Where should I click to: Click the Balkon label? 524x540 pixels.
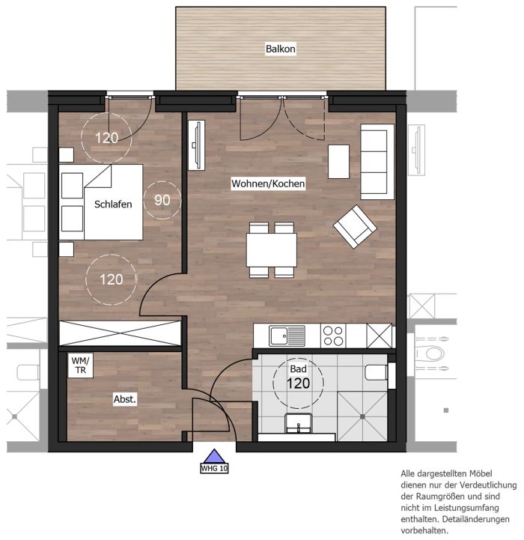pos(280,49)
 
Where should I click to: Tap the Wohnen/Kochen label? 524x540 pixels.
pos(268,183)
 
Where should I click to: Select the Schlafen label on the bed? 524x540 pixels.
pos(113,204)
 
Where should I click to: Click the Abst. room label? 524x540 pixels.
pos(124,399)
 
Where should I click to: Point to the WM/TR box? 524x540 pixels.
pos(80,365)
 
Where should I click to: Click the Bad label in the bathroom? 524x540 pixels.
pos(298,368)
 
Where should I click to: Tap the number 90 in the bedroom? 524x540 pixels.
pos(162,200)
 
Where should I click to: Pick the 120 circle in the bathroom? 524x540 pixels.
pos(298,383)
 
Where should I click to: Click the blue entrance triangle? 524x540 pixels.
pos(214,456)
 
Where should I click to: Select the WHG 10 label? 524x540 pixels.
pos(214,468)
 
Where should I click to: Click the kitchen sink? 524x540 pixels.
pos(287,336)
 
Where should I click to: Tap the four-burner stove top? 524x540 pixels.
pos(333,336)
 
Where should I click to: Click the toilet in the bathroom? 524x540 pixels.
pos(377,372)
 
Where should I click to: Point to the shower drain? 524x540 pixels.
pos(362,416)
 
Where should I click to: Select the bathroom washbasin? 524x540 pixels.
pos(298,424)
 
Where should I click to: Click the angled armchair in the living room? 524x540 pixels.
pos(355,226)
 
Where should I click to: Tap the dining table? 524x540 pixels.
pos(271,250)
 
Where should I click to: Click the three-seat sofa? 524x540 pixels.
pos(377,162)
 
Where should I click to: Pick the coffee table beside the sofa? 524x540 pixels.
pos(338,162)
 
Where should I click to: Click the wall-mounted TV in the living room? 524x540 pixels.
pos(197,145)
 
